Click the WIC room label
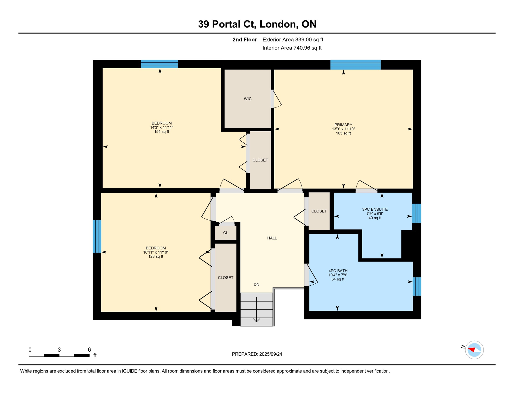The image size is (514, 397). [247, 99]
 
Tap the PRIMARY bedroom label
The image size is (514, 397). [343, 125]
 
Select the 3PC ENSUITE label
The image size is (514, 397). [375, 209]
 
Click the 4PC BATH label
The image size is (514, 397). [338, 271]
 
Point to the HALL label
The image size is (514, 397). [272, 238]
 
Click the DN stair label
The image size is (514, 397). [256, 285]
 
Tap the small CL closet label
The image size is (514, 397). [225, 233]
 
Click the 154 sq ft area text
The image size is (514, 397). [162, 132]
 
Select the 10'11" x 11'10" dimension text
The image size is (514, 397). [156, 252]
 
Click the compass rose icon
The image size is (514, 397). [474, 350]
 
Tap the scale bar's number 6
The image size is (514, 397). [89, 350]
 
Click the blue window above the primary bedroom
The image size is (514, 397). [355, 65]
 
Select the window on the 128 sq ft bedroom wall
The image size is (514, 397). [97, 236]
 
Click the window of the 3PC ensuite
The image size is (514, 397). [416, 213]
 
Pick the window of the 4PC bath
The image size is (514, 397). [417, 286]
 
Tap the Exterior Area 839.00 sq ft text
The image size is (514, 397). [293, 40]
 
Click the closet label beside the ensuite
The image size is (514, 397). [319, 211]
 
